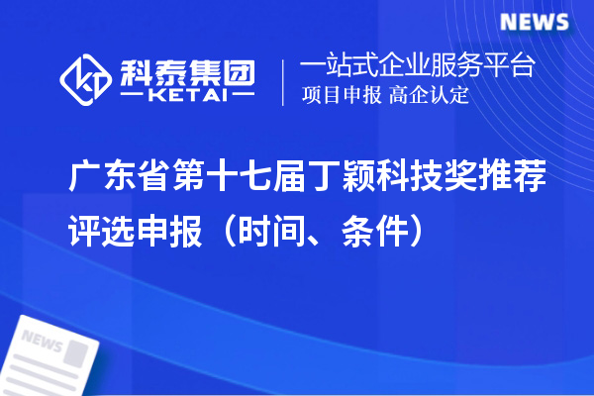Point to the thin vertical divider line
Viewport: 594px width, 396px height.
click(x=284, y=80)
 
